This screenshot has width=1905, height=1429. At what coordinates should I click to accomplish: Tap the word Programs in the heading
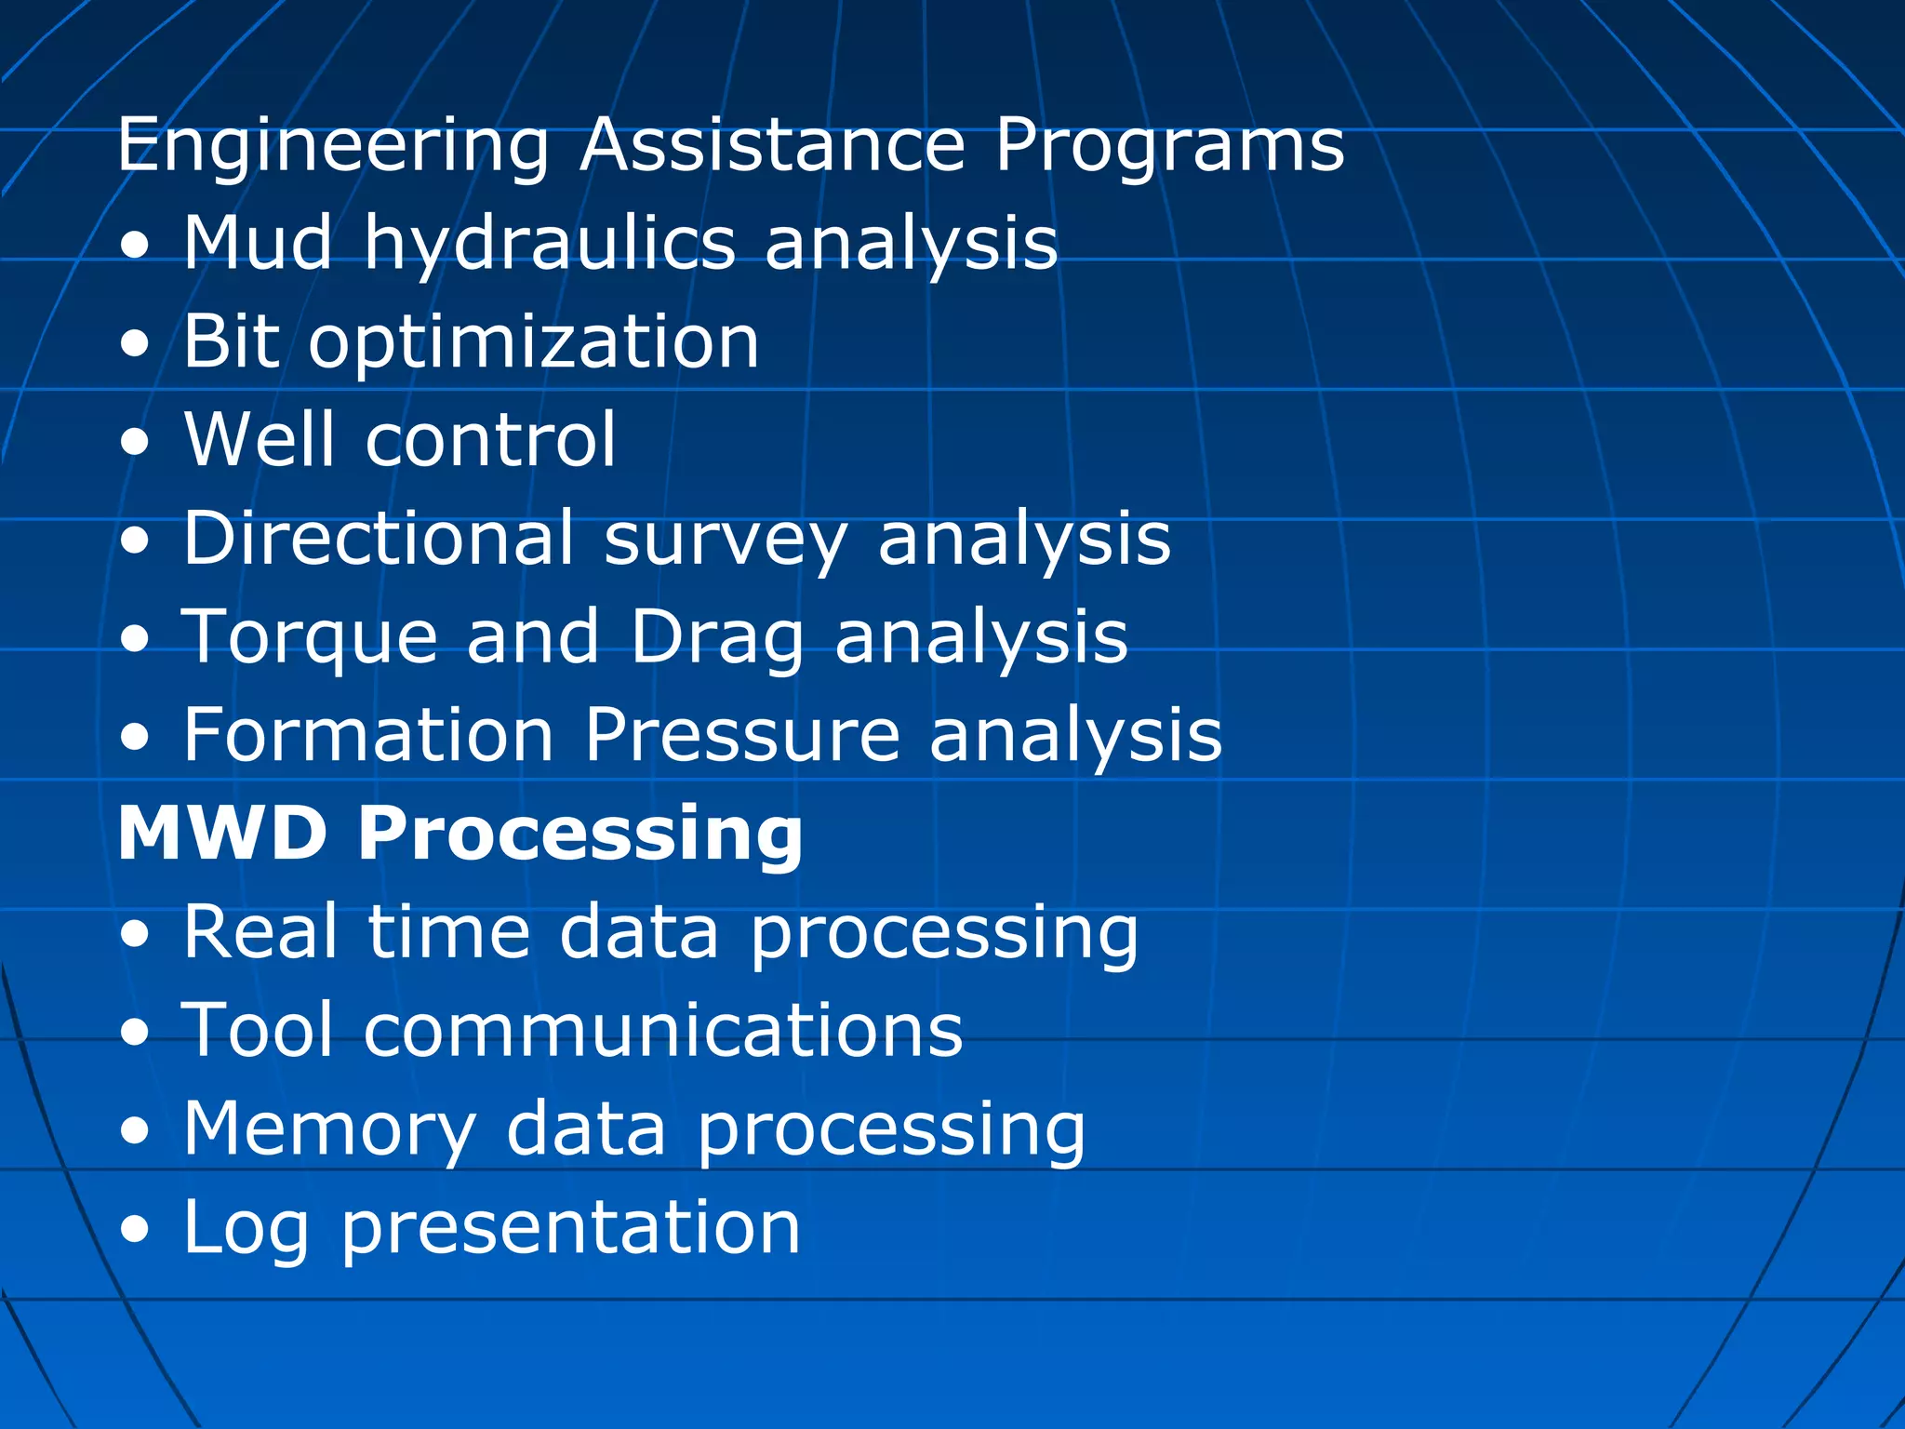click(x=1169, y=147)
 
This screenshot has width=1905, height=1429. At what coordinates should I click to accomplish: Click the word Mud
click(x=258, y=243)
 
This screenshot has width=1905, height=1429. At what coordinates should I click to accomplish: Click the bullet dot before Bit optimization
click(x=135, y=344)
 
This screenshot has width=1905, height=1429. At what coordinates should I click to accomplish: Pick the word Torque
click(x=310, y=638)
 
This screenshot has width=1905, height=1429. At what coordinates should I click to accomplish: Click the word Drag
click(x=716, y=638)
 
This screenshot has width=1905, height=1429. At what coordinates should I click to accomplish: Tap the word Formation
click(x=368, y=735)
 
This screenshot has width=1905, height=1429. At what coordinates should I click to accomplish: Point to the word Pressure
click(x=742, y=735)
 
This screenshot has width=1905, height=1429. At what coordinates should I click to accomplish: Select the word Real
click(x=260, y=931)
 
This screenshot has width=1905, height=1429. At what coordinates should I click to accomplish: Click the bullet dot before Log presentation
click(x=135, y=1230)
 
